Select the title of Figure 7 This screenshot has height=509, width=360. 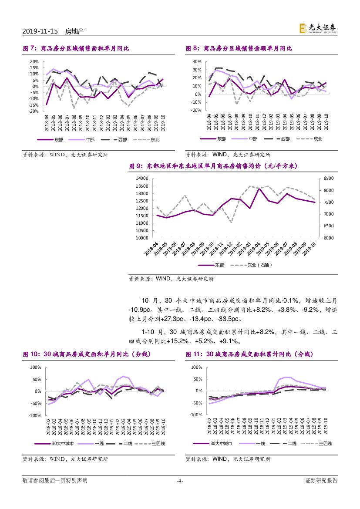click(x=76, y=48)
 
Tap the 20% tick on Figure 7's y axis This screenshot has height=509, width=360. click(x=34, y=61)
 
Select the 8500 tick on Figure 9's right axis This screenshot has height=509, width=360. click(x=329, y=179)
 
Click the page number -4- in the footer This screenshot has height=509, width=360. click(x=180, y=481)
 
